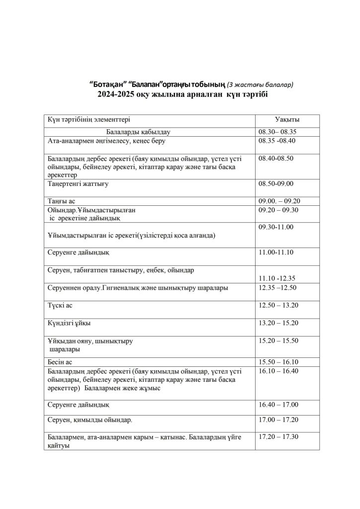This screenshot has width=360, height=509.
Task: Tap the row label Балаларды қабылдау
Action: click(138, 132)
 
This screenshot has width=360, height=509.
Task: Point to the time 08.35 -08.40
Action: click(277, 141)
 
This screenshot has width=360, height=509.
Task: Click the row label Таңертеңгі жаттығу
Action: click(78, 184)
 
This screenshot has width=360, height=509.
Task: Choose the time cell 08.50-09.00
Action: click(276, 184)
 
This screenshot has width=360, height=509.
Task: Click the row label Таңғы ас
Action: click(61, 201)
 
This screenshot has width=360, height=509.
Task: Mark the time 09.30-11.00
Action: click(276, 227)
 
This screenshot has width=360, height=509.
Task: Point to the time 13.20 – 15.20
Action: click(278, 323)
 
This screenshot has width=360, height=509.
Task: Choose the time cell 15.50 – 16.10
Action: click(278, 361)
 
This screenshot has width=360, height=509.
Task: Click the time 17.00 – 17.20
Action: click(278, 421)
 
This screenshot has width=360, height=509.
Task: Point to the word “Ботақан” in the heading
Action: click(106, 85)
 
